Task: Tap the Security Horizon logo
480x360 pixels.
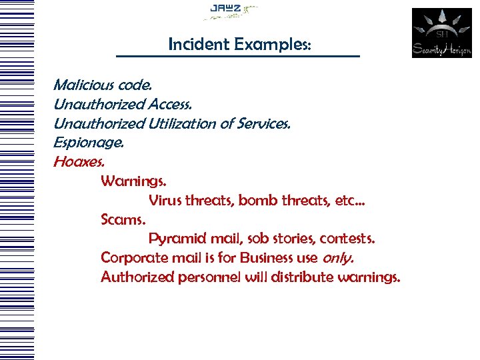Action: point(441,33)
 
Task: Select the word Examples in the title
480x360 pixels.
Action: point(271,45)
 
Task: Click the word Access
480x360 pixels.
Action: point(170,105)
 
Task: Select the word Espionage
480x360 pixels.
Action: point(89,143)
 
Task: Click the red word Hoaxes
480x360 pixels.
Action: point(79,162)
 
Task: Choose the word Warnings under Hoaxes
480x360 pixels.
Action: point(134,181)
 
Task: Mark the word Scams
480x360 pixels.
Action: point(123,219)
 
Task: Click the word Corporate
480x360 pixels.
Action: point(133,258)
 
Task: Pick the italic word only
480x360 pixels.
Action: point(338,258)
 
